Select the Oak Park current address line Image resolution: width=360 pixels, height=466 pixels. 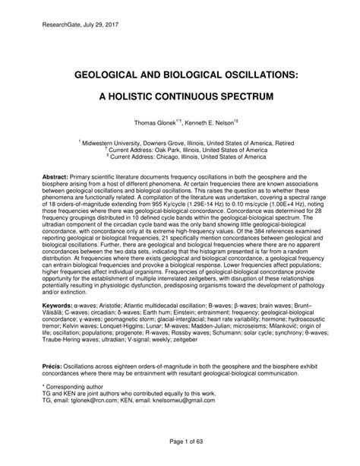[179, 150]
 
